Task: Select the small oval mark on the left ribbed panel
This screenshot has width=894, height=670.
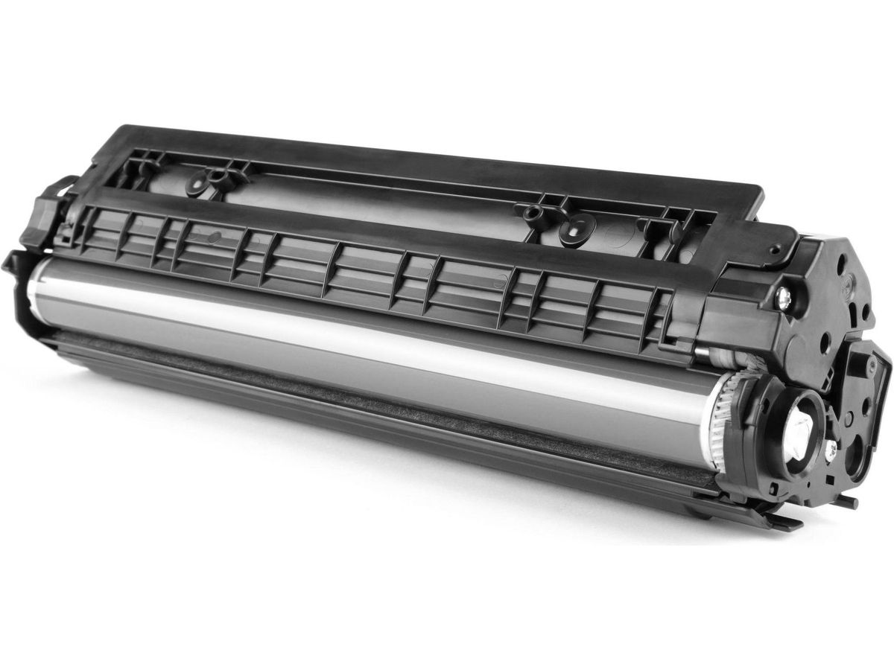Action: pyautogui.click(x=215, y=237)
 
